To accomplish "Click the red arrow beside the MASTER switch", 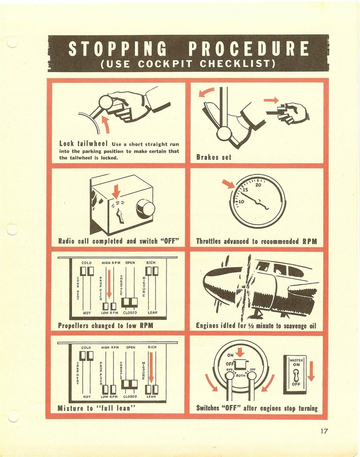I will [x=312, y=371].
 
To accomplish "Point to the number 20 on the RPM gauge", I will [x=258, y=185].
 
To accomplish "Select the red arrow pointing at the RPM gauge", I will [x=228, y=184].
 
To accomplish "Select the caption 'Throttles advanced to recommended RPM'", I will [x=257, y=241].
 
